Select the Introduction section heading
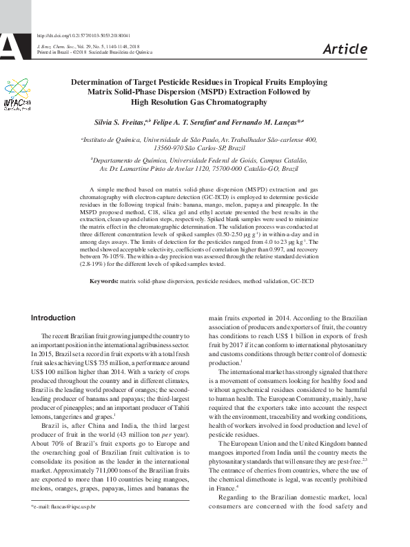[x=53, y=318]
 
